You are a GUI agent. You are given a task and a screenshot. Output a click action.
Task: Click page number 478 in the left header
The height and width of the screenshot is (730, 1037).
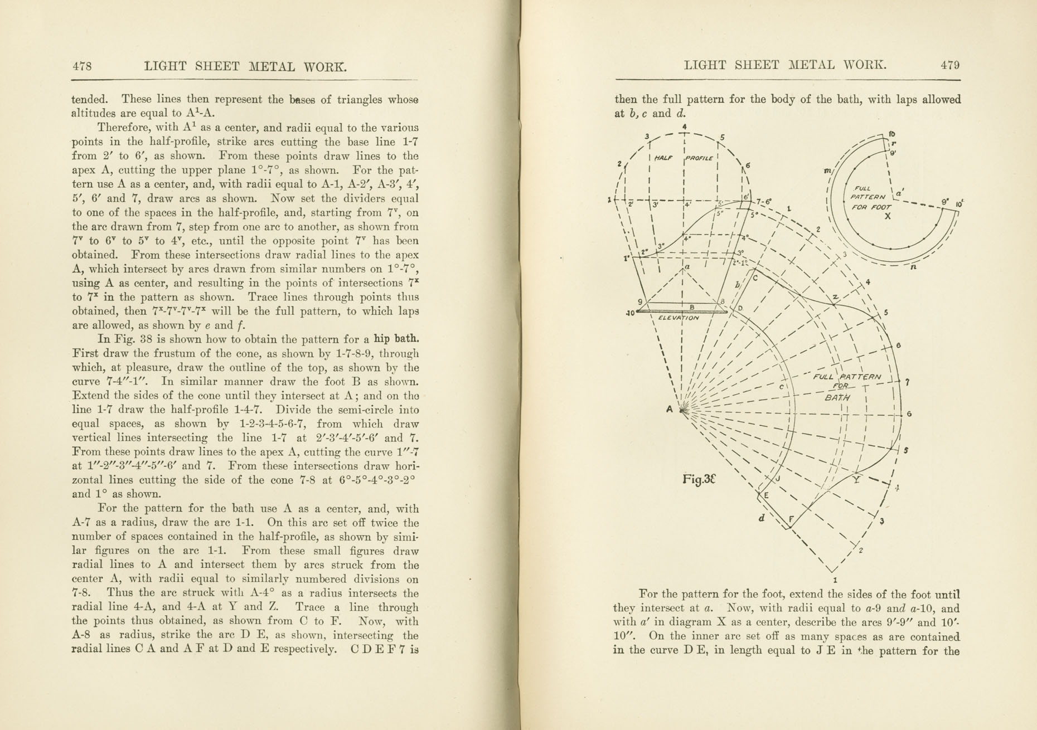82,66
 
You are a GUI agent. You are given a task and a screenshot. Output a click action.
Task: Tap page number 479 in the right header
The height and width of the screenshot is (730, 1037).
950,65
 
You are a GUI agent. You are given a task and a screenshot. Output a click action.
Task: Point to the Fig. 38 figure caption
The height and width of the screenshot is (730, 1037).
699,479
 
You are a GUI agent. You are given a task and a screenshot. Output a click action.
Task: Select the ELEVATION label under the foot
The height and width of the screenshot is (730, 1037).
678,318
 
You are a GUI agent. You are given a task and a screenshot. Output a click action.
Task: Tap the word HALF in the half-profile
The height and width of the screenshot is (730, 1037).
663,158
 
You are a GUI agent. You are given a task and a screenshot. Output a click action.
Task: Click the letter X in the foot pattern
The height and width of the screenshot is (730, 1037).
888,216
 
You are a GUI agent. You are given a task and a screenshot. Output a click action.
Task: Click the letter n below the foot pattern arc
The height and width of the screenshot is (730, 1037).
913,267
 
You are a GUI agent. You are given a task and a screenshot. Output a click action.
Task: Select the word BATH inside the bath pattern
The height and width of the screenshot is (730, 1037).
837,397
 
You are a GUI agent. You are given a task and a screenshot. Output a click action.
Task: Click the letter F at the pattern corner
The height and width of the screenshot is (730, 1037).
790,520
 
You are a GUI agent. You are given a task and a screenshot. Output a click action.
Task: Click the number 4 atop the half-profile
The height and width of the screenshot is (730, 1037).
684,126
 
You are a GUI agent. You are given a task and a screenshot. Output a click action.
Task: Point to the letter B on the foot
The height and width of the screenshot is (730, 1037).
691,306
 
